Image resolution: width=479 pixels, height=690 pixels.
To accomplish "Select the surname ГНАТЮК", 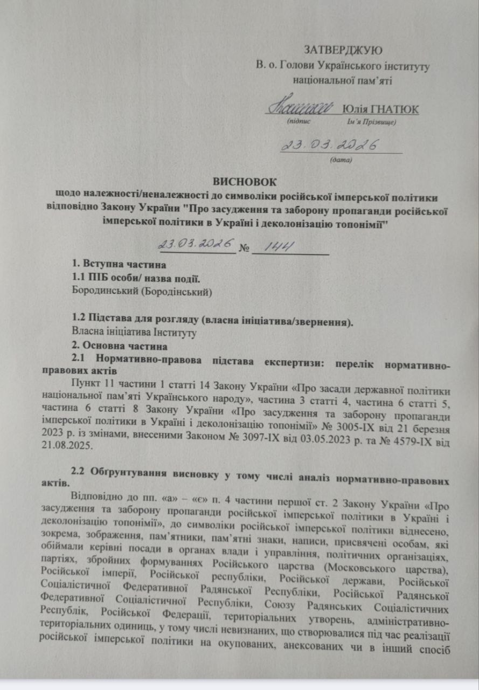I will (397, 109).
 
